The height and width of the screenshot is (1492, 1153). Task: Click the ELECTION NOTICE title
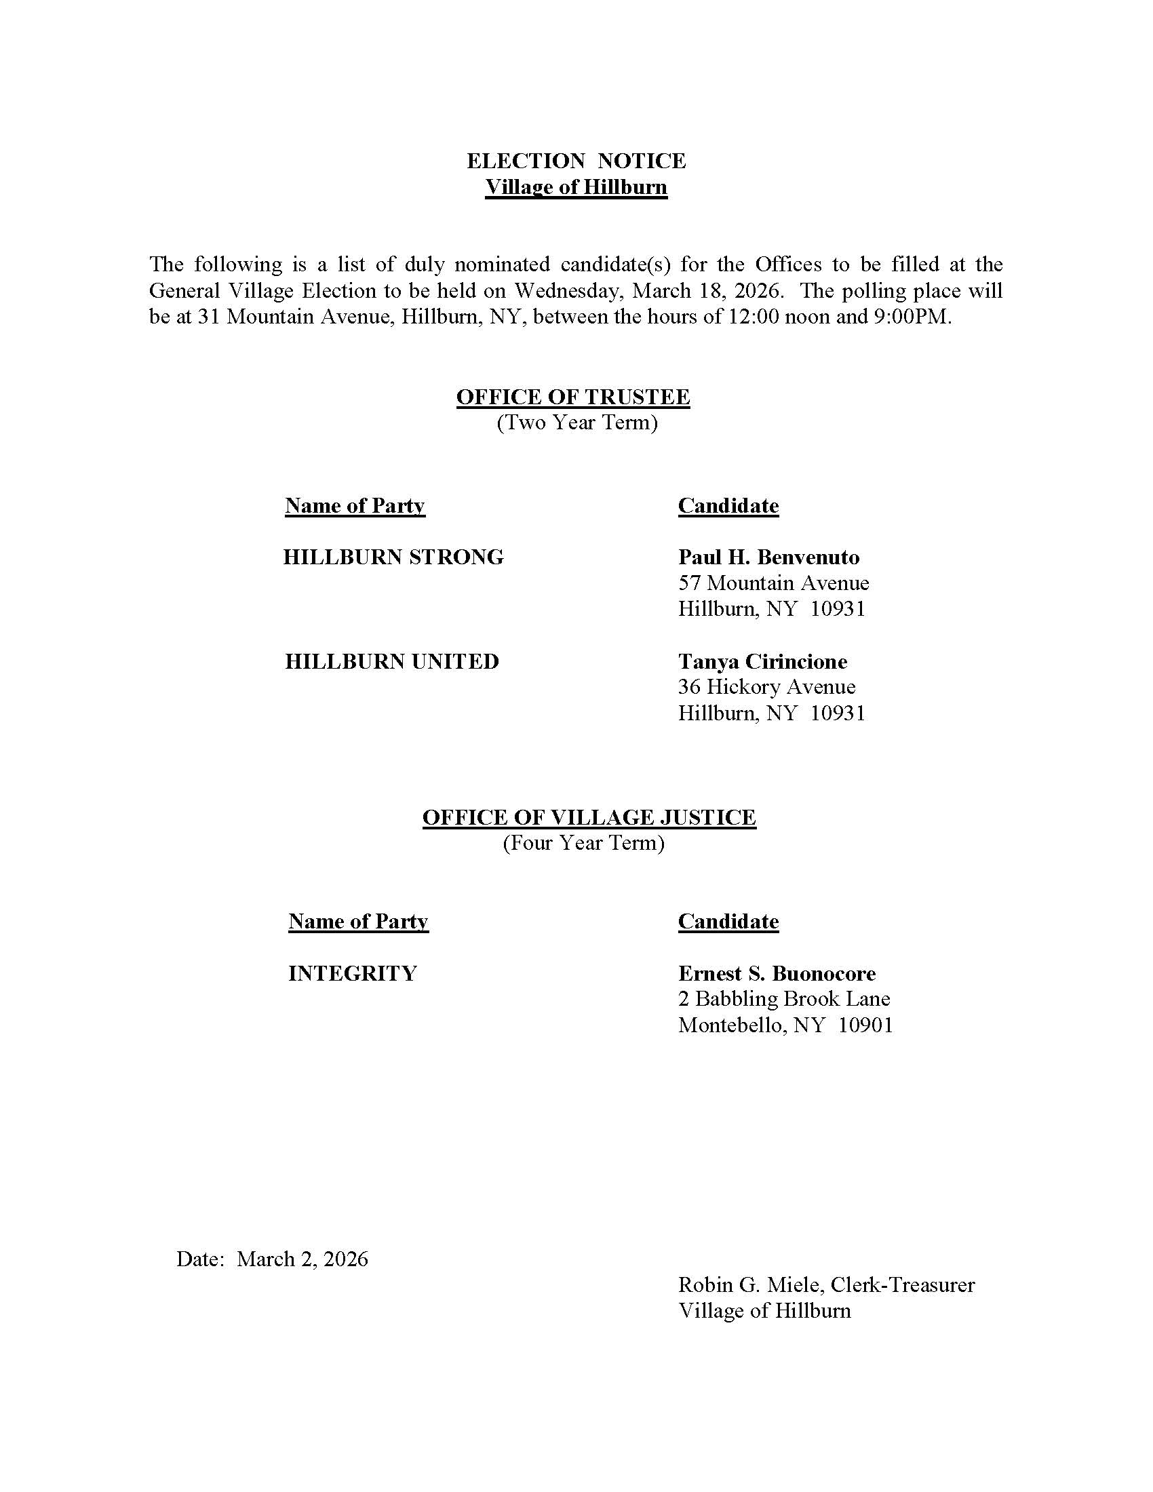coord(576,161)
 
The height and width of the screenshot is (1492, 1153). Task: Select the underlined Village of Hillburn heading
coord(576,187)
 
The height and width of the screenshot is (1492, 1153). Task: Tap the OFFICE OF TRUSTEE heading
coord(573,397)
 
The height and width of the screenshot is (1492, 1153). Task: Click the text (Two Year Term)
coord(577,423)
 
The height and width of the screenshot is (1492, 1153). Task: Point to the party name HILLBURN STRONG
coord(393,557)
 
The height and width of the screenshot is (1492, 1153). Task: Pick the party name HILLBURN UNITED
coord(392,662)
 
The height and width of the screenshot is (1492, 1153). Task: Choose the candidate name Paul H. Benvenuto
coord(768,557)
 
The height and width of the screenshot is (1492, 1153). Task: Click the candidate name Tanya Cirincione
coord(762,662)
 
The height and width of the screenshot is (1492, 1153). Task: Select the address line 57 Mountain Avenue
coord(773,583)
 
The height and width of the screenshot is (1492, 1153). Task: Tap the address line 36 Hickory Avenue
coord(766,687)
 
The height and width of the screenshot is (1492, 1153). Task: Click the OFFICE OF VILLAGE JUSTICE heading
coord(589,818)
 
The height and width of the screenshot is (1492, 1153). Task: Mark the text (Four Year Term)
coord(583,844)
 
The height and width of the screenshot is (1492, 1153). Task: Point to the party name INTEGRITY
coord(353,973)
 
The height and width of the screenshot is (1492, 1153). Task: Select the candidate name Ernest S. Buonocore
coord(777,973)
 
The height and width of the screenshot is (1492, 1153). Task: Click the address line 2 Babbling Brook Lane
coord(784,1000)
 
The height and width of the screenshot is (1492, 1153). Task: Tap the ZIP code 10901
coord(865,1025)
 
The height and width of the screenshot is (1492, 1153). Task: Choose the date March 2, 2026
coord(302,1259)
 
